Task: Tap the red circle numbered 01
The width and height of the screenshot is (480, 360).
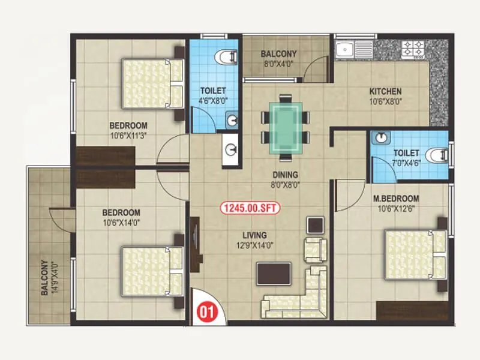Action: coord(206,311)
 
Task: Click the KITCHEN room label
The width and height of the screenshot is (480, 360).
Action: coord(385,92)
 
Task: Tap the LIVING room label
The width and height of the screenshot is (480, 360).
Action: coord(255,235)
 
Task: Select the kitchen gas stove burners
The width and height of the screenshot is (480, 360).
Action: coord(413,48)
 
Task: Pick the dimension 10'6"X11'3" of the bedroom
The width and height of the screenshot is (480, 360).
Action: coord(128,136)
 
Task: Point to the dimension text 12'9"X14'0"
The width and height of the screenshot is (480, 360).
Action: coord(255,245)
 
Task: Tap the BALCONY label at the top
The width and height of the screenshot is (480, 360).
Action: coord(278,53)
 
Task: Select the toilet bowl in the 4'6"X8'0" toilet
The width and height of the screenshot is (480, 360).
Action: coord(225,58)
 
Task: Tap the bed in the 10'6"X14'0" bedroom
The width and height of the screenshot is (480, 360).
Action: coord(152,271)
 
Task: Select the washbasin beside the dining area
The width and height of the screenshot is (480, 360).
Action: coord(230,146)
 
